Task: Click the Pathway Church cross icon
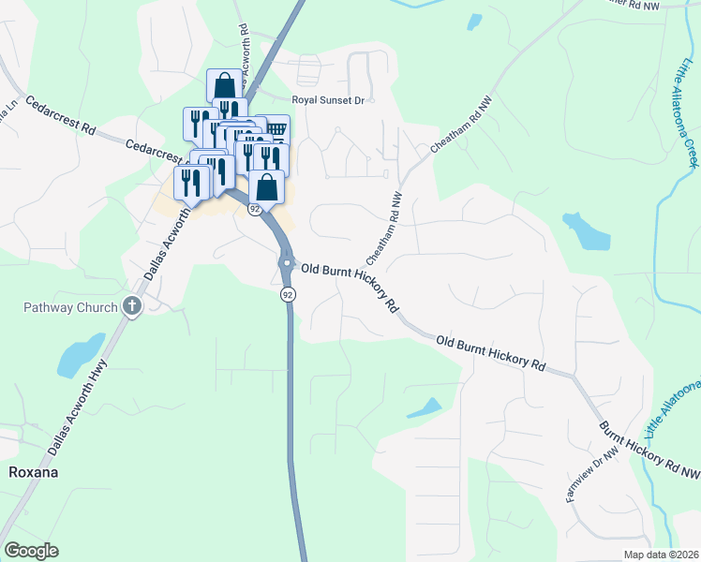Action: pos(132,306)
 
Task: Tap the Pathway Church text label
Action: pos(71,307)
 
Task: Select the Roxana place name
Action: pos(34,472)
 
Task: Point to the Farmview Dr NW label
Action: pos(592,474)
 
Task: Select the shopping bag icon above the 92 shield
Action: pos(267,185)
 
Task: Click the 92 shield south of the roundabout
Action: pos(287,294)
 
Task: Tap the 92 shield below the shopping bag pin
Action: pos(255,210)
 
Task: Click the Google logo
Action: pos(31,550)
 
